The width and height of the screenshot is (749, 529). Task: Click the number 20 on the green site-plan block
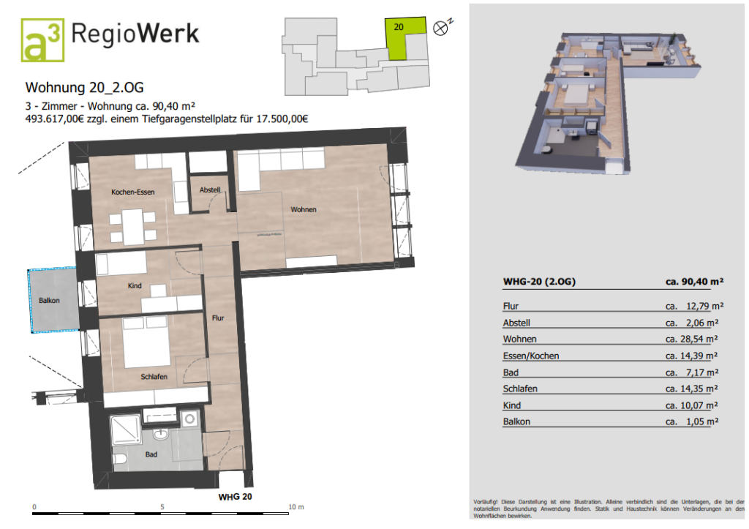pyautogui.click(x=399, y=26)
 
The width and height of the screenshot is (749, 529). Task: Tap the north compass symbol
pyautogui.click(x=440, y=29)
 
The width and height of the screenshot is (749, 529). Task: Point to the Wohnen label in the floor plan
pyautogui.click(x=303, y=210)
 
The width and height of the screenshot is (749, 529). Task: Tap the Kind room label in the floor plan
pyautogui.click(x=135, y=286)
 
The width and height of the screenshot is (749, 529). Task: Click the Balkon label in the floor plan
pyautogui.click(x=49, y=301)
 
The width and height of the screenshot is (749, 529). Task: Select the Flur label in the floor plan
pyautogui.click(x=218, y=318)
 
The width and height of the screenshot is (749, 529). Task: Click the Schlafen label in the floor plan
pyautogui.click(x=154, y=377)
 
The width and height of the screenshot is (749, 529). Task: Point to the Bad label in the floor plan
pyautogui.click(x=151, y=454)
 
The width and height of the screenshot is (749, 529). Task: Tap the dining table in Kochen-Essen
pyautogui.click(x=133, y=226)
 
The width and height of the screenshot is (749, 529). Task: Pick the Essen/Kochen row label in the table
pyautogui.click(x=530, y=356)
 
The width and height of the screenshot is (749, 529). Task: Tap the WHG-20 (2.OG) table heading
pyautogui.click(x=539, y=281)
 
